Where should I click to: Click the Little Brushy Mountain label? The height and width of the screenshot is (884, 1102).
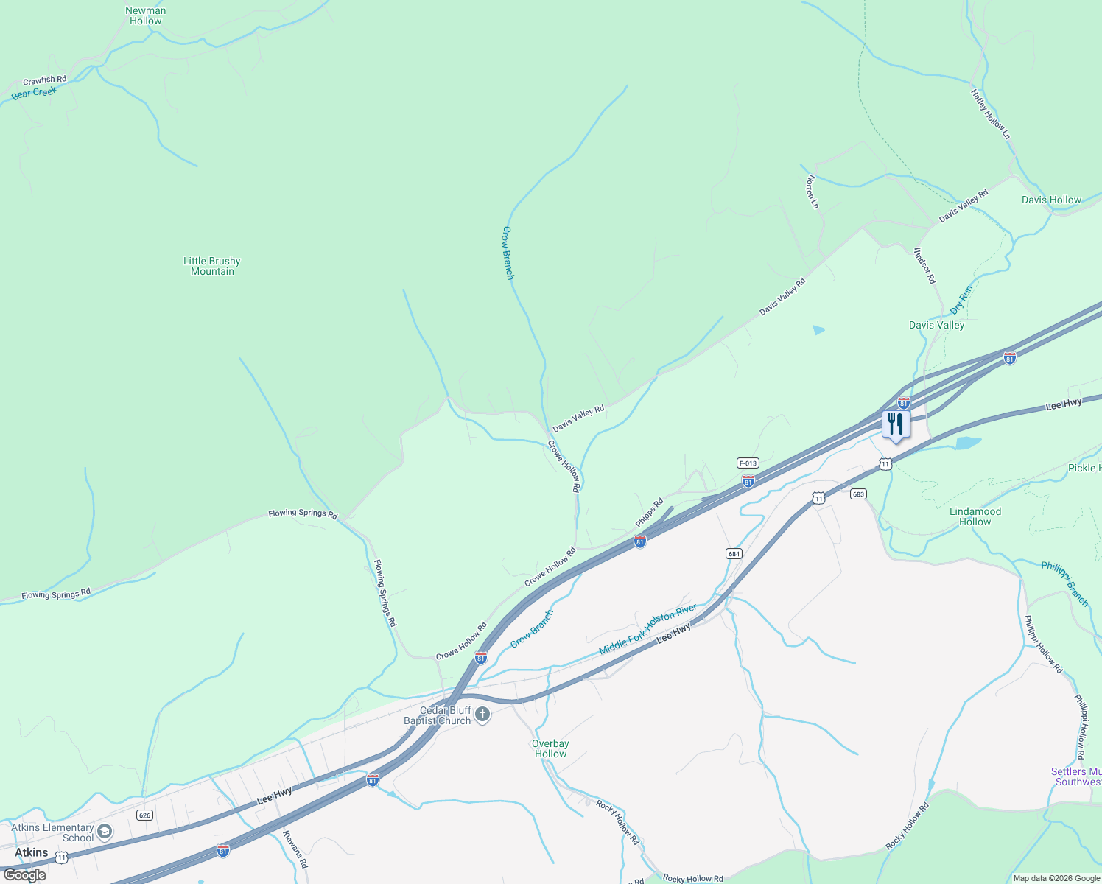pyautogui.click(x=212, y=266)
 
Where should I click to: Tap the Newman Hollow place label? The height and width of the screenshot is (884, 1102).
pyautogui.click(x=145, y=15)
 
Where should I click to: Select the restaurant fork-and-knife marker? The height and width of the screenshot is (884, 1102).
pyautogui.click(x=896, y=424)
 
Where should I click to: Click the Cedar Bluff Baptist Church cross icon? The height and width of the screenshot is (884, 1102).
pyautogui.click(x=482, y=715)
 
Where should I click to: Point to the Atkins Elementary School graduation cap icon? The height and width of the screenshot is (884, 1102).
pyautogui.click(x=105, y=832)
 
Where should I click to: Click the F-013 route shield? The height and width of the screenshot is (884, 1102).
pyautogui.click(x=748, y=463)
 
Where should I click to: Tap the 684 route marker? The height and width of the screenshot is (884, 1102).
pyautogui.click(x=733, y=553)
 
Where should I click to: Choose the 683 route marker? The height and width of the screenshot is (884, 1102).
pyautogui.click(x=857, y=494)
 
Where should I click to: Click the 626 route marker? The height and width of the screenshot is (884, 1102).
pyautogui.click(x=144, y=815)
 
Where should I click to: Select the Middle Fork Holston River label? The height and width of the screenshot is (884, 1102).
pyautogui.click(x=647, y=629)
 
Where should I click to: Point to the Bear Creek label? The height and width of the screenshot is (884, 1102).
pyautogui.click(x=34, y=94)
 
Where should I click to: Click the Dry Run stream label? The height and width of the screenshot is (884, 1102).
pyautogui.click(x=961, y=300)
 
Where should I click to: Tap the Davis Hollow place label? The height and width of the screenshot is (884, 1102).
pyautogui.click(x=1051, y=200)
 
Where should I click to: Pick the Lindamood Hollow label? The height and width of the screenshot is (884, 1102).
pyautogui.click(x=975, y=516)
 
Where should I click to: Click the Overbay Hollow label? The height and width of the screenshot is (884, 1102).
pyautogui.click(x=550, y=748)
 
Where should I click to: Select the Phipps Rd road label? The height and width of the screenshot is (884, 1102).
pyautogui.click(x=650, y=513)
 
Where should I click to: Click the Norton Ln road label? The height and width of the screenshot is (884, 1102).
pyautogui.click(x=812, y=192)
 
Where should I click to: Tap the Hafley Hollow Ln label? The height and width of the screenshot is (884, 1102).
pyautogui.click(x=991, y=114)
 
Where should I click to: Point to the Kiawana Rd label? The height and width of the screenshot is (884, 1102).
pyautogui.click(x=295, y=849)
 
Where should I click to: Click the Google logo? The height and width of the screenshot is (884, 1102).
pyautogui.click(x=25, y=875)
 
